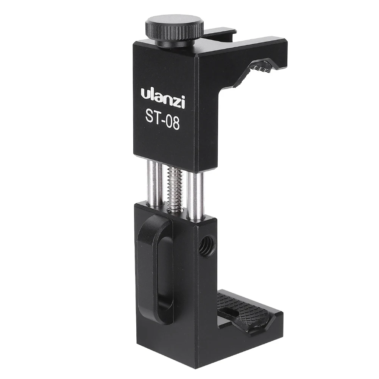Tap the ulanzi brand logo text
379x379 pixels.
tap(163, 98)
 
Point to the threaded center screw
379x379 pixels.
tap(175, 189)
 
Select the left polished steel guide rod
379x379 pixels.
tap(154, 184)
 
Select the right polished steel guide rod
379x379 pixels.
tap(195, 196)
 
